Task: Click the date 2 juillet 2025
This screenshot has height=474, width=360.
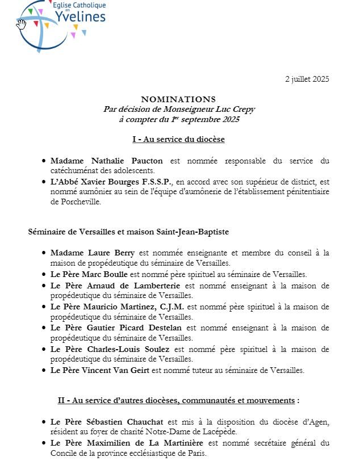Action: coord(307,79)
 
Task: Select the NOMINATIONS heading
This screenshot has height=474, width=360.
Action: coord(178,99)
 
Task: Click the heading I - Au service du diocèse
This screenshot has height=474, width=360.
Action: coord(178,140)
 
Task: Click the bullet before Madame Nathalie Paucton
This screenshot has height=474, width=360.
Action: coord(44,161)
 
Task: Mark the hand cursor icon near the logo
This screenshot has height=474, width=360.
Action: coord(22,24)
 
